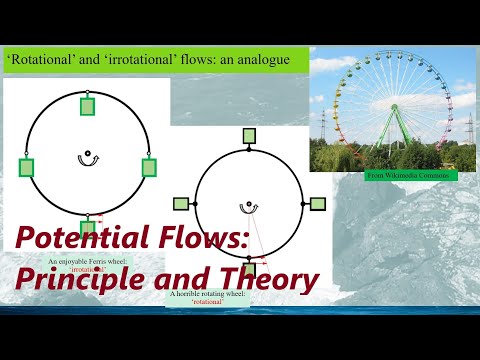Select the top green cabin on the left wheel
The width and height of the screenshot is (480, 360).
coord(87,106)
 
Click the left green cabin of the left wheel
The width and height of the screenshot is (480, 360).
coord(26,167)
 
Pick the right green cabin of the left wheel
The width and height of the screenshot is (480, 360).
coord(149,167)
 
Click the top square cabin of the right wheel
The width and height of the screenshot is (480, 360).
coord(249,136)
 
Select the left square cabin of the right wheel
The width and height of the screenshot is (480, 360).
coord(181,203)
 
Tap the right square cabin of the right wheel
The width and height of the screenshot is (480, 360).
coord(317,203)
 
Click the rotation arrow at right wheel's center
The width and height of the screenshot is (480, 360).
coord(248,207)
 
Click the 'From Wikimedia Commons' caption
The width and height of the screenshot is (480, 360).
coord(411,176)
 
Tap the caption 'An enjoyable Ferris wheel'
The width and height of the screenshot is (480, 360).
coord(87,262)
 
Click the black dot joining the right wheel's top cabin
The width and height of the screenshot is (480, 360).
coord(249,150)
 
